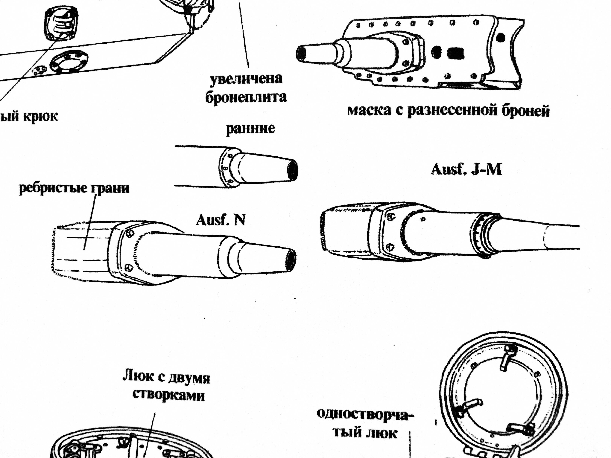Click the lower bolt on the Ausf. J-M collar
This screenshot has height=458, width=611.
[x=390, y=247]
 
